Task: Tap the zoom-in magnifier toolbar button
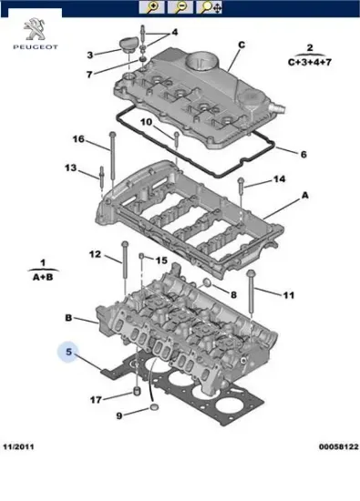155,7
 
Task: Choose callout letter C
242,45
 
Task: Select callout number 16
78,139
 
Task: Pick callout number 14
279,179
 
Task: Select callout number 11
289,296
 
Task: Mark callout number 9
118,416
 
